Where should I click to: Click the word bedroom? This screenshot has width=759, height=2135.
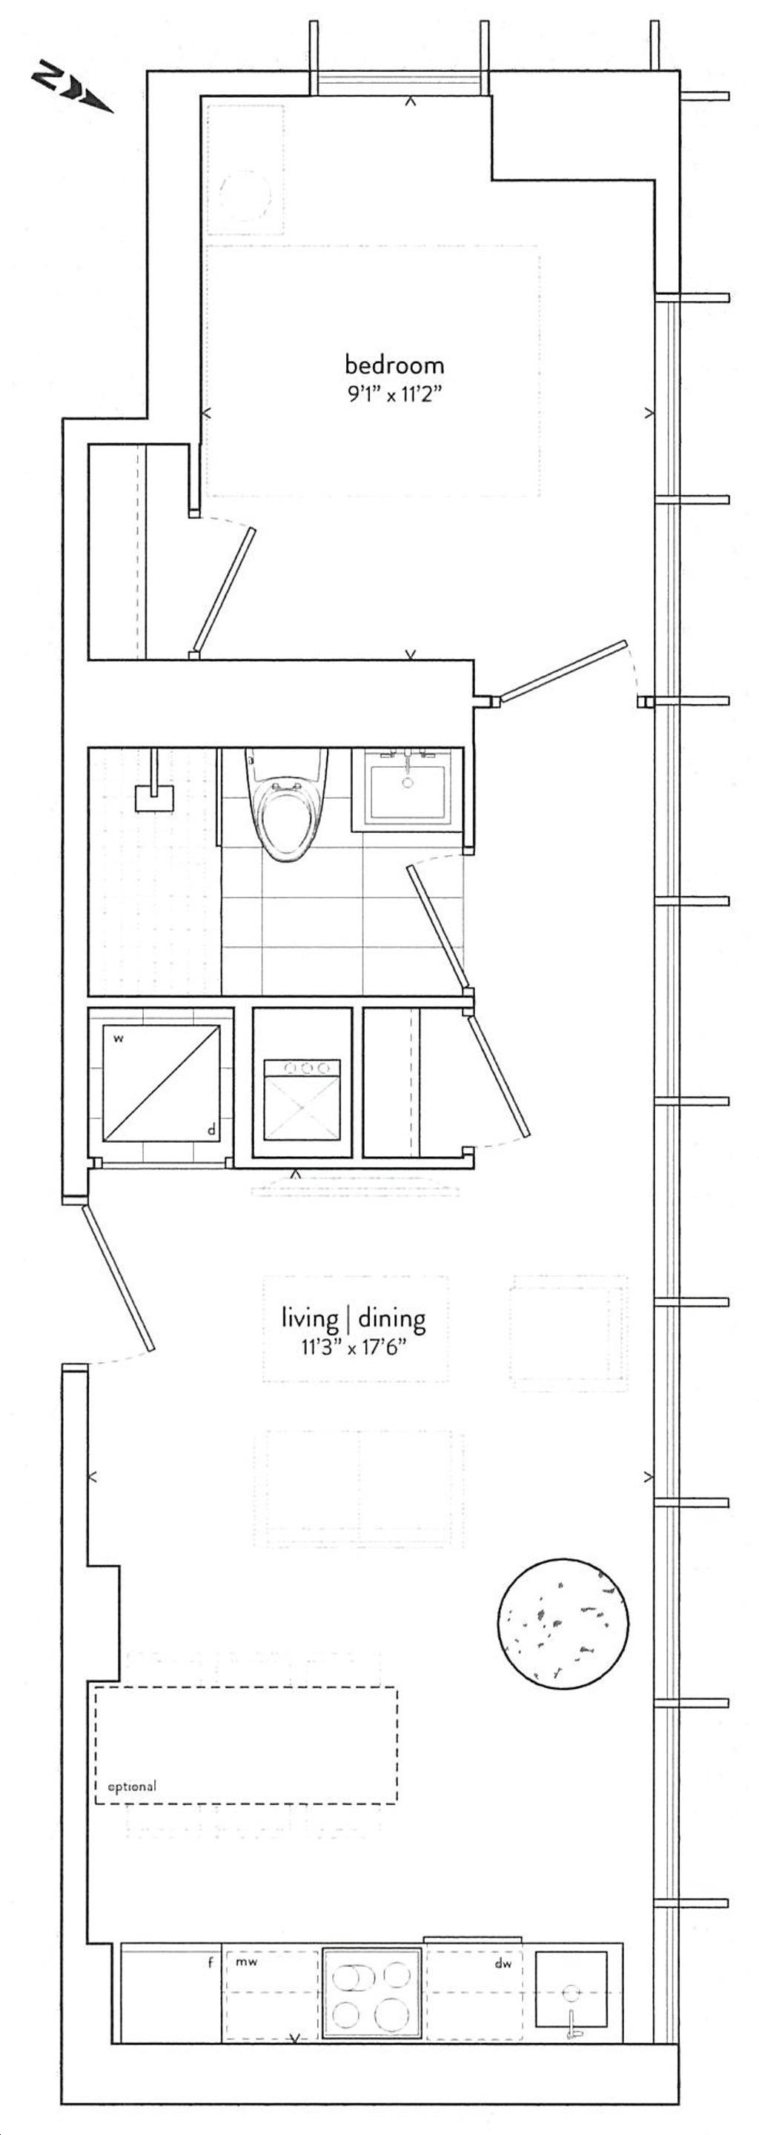click(x=394, y=365)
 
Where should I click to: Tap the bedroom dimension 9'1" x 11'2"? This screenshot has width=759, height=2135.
click(x=394, y=394)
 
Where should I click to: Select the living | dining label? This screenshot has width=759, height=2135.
click(x=354, y=1318)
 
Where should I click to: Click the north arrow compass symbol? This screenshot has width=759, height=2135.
click(x=72, y=90)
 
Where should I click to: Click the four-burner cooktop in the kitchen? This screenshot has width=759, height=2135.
click(x=371, y=2002)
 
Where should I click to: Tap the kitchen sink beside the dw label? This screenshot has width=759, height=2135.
click(x=571, y=2001)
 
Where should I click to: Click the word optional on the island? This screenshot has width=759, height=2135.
click(x=126, y=1786)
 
